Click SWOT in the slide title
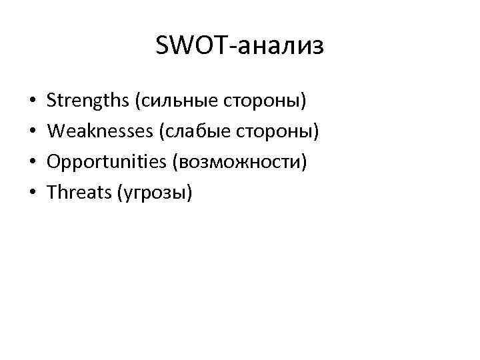[x=184, y=46]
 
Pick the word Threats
[x=78, y=193]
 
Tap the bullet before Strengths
[x=32, y=103]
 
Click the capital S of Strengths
[x=53, y=102]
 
